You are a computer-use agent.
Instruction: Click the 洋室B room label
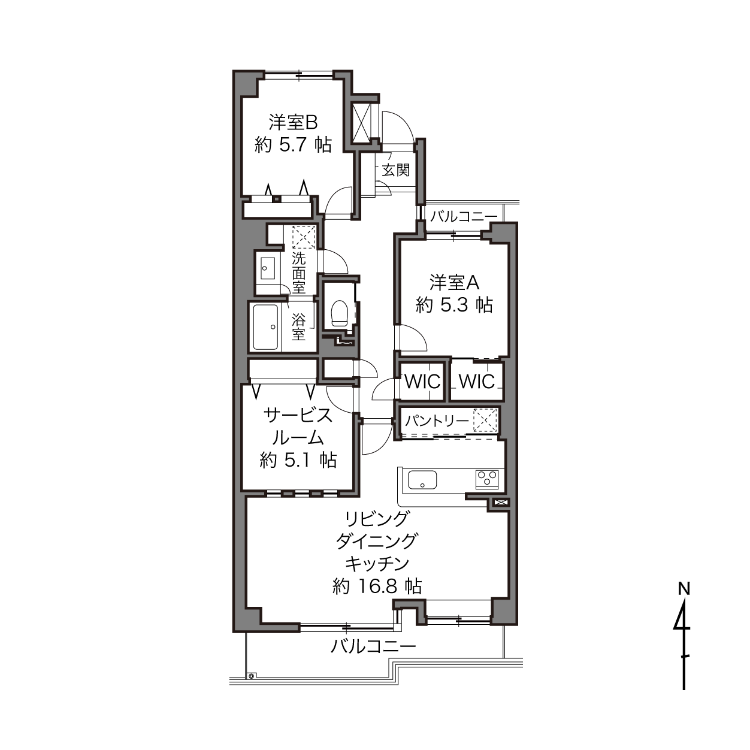(x=293, y=123)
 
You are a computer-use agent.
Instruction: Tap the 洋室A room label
(x=454, y=283)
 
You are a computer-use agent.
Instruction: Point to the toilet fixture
(x=339, y=313)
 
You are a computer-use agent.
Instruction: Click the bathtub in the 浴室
(x=266, y=327)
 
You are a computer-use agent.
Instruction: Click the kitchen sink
(x=422, y=479)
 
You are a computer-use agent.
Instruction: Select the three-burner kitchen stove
(x=487, y=479)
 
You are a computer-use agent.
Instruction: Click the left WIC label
(x=422, y=382)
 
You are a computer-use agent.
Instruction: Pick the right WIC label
(x=477, y=382)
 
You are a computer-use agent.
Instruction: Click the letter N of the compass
(x=684, y=589)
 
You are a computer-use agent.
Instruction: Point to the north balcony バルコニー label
(x=464, y=216)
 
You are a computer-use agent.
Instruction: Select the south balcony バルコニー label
(x=373, y=646)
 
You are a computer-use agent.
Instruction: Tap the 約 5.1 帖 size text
(x=298, y=461)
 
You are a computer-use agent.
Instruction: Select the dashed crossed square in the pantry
(x=485, y=421)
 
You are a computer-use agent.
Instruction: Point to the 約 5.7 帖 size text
(x=293, y=145)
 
